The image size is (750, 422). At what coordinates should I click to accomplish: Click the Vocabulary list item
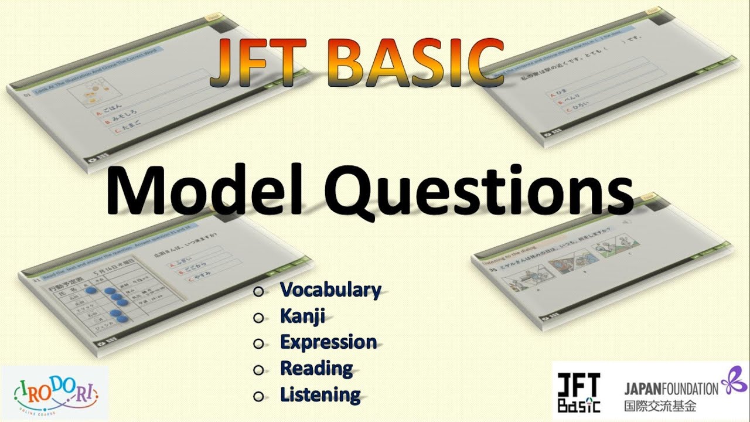[x=330, y=290]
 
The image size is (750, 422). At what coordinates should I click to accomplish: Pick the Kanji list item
[x=302, y=317]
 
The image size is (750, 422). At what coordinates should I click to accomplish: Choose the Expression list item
[x=328, y=342]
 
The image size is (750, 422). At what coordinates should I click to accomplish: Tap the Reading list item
[x=316, y=369]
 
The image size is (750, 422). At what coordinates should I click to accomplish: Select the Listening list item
[x=320, y=394]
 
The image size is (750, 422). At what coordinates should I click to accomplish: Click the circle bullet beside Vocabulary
[x=258, y=291]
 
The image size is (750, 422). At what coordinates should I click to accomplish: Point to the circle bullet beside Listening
[x=258, y=396]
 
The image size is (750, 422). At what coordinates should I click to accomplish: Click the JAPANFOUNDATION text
[x=670, y=388]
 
